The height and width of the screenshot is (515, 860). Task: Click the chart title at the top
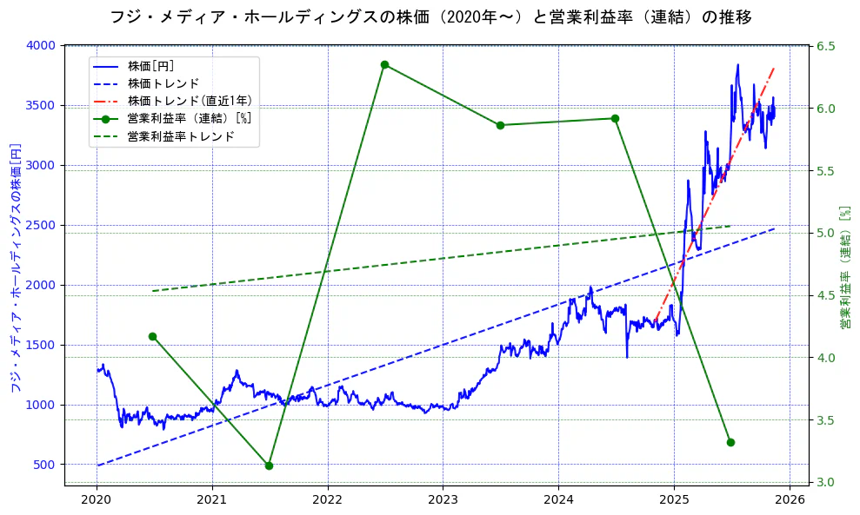click(430, 17)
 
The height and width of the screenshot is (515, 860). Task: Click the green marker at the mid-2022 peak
click(384, 64)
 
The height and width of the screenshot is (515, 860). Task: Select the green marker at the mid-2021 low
click(269, 465)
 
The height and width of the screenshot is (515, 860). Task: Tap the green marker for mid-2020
click(152, 336)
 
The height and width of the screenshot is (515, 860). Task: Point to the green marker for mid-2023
click(500, 125)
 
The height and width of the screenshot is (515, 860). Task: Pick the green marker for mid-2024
click(615, 118)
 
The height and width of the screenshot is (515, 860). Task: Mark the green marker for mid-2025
click(730, 442)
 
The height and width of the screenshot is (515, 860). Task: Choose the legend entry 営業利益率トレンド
click(180, 136)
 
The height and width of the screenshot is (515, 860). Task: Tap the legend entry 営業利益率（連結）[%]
click(189, 119)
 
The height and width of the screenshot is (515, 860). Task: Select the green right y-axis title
click(844, 267)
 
